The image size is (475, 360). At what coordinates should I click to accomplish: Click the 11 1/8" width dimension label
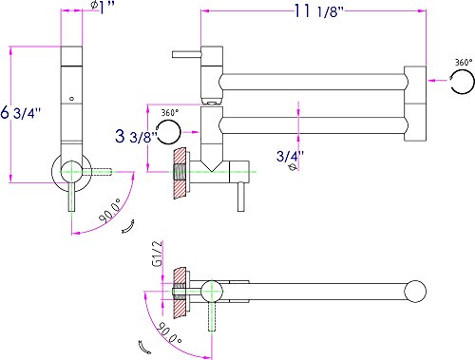click(x=319, y=11)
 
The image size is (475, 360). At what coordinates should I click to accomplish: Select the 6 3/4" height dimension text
click(x=21, y=112)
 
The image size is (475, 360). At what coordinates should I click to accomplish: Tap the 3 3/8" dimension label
click(x=136, y=136)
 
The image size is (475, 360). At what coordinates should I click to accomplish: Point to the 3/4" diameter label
click(x=290, y=156)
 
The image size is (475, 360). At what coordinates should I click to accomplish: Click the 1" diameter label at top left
click(x=103, y=7)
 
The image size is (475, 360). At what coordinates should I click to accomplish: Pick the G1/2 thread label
click(x=158, y=254)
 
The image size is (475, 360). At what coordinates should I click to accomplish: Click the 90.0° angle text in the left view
click(x=110, y=210)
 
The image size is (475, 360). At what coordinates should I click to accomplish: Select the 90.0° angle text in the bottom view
click(x=169, y=333)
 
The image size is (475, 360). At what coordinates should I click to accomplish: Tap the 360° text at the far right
click(x=464, y=62)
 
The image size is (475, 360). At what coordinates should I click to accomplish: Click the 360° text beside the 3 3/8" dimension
click(x=170, y=112)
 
